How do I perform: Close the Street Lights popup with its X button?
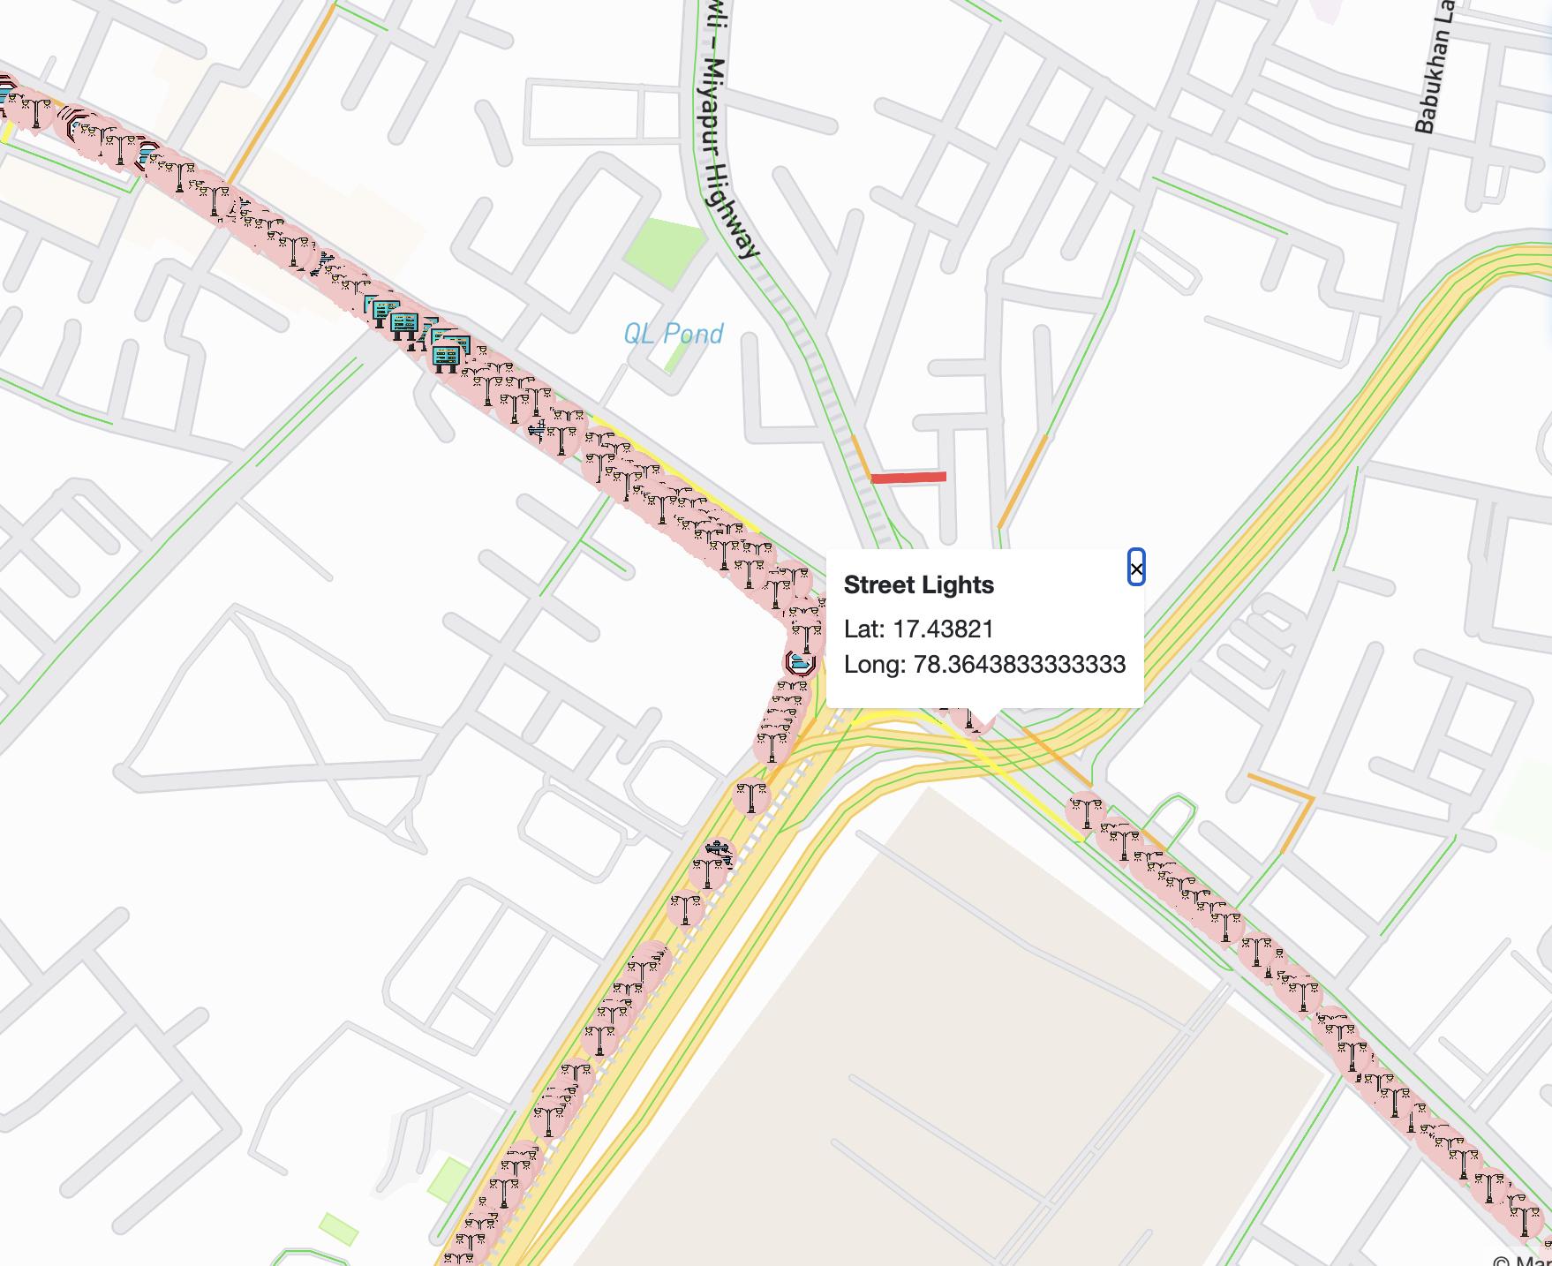tap(1136, 568)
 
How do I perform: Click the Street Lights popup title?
tap(918, 585)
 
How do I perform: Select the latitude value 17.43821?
tap(943, 629)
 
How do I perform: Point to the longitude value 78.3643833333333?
tap(1019, 664)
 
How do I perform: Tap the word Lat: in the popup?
tap(863, 629)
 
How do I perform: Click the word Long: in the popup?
tap(874, 664)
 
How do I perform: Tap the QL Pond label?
tap(673, 334)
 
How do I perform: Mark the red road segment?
tap(908, 478)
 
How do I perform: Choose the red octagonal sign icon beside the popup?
tap(800, 662)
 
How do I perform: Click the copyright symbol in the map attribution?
tap(1501, 1261)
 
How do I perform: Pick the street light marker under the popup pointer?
tap(972, 720)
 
